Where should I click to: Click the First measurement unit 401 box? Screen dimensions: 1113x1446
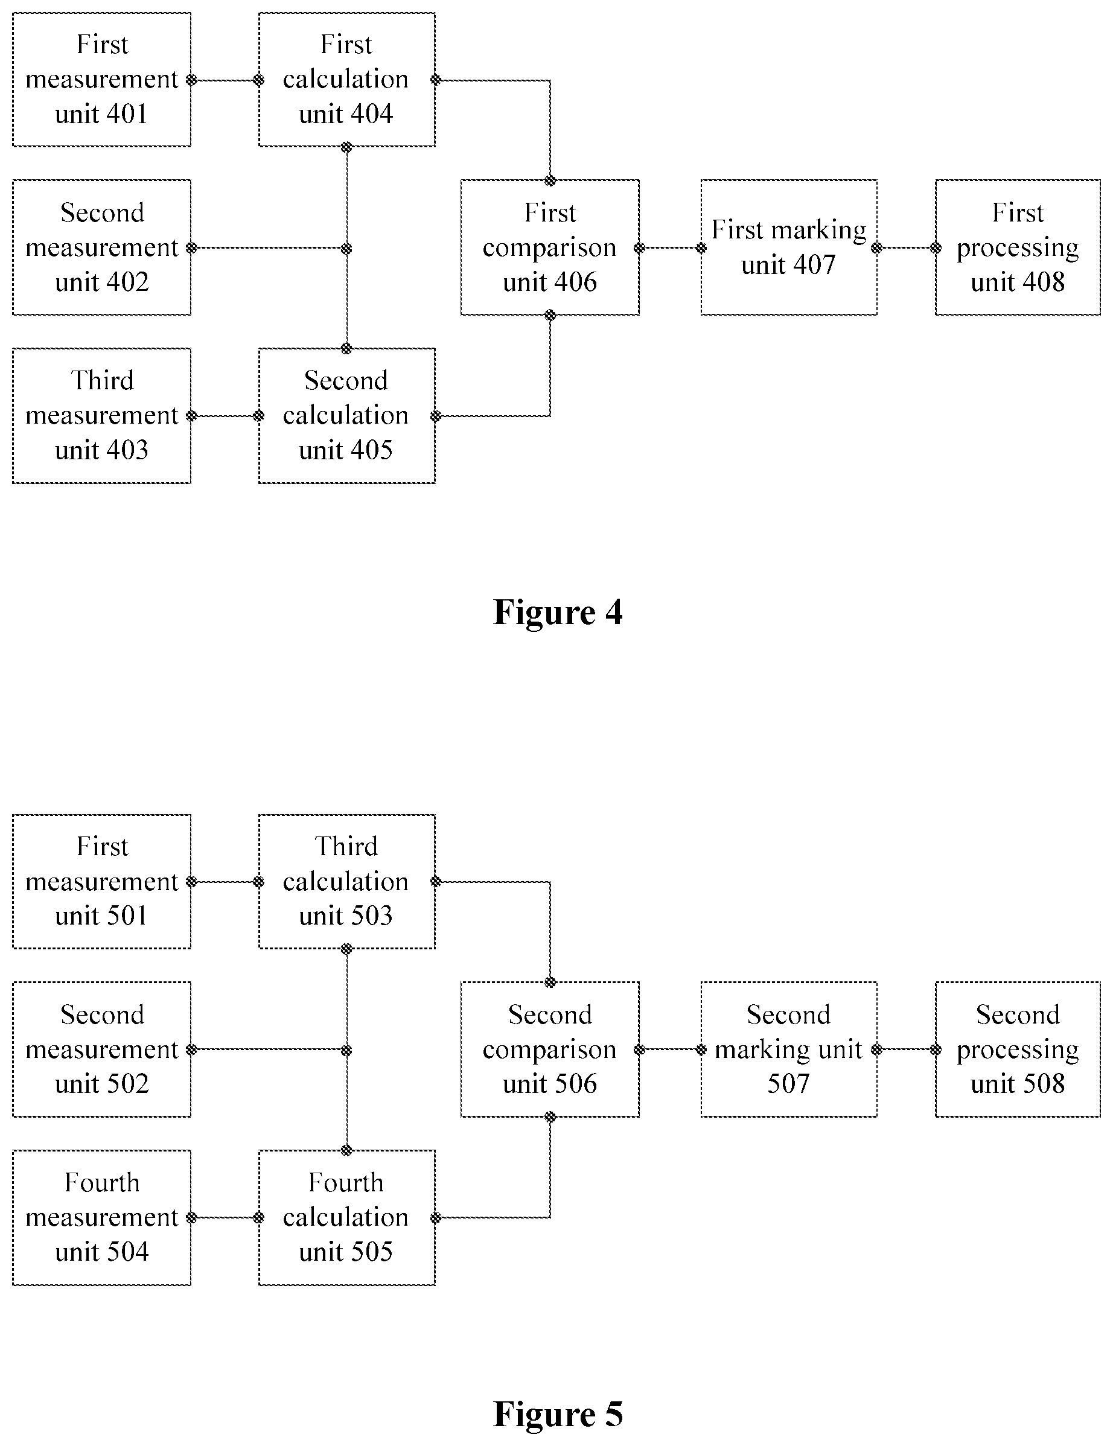(101, 80)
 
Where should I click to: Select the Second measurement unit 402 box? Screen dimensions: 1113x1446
(101, 247)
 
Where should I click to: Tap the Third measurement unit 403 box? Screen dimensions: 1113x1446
(101, 416)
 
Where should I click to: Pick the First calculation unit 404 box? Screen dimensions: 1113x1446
(346, 80)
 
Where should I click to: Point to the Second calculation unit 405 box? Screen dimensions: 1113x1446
(346, 416)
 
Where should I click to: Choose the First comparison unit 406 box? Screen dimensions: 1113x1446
(549, 247)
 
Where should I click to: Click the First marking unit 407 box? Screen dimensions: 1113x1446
(788, 247)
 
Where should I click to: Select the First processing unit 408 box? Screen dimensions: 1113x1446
(1018, 247)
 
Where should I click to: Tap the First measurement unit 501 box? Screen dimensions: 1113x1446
(101, 881)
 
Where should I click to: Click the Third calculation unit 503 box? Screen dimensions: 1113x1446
(346, 881)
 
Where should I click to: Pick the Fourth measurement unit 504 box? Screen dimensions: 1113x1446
(101, 1218)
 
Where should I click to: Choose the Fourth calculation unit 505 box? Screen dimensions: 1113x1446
(346, 1218)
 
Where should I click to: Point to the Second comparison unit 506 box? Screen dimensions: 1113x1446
(549, 1049)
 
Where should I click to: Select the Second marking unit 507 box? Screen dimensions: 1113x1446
(788, 1049)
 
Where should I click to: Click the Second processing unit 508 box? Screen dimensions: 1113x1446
(1018, 1049)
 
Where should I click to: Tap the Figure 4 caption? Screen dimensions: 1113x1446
(558, 612)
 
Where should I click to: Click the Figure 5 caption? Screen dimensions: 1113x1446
(558, 1413)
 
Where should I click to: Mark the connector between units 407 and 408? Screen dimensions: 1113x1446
(907, 248)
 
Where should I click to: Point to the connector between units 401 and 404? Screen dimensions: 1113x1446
(225, 80)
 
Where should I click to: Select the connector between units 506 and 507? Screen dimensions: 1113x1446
(670, 1049)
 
